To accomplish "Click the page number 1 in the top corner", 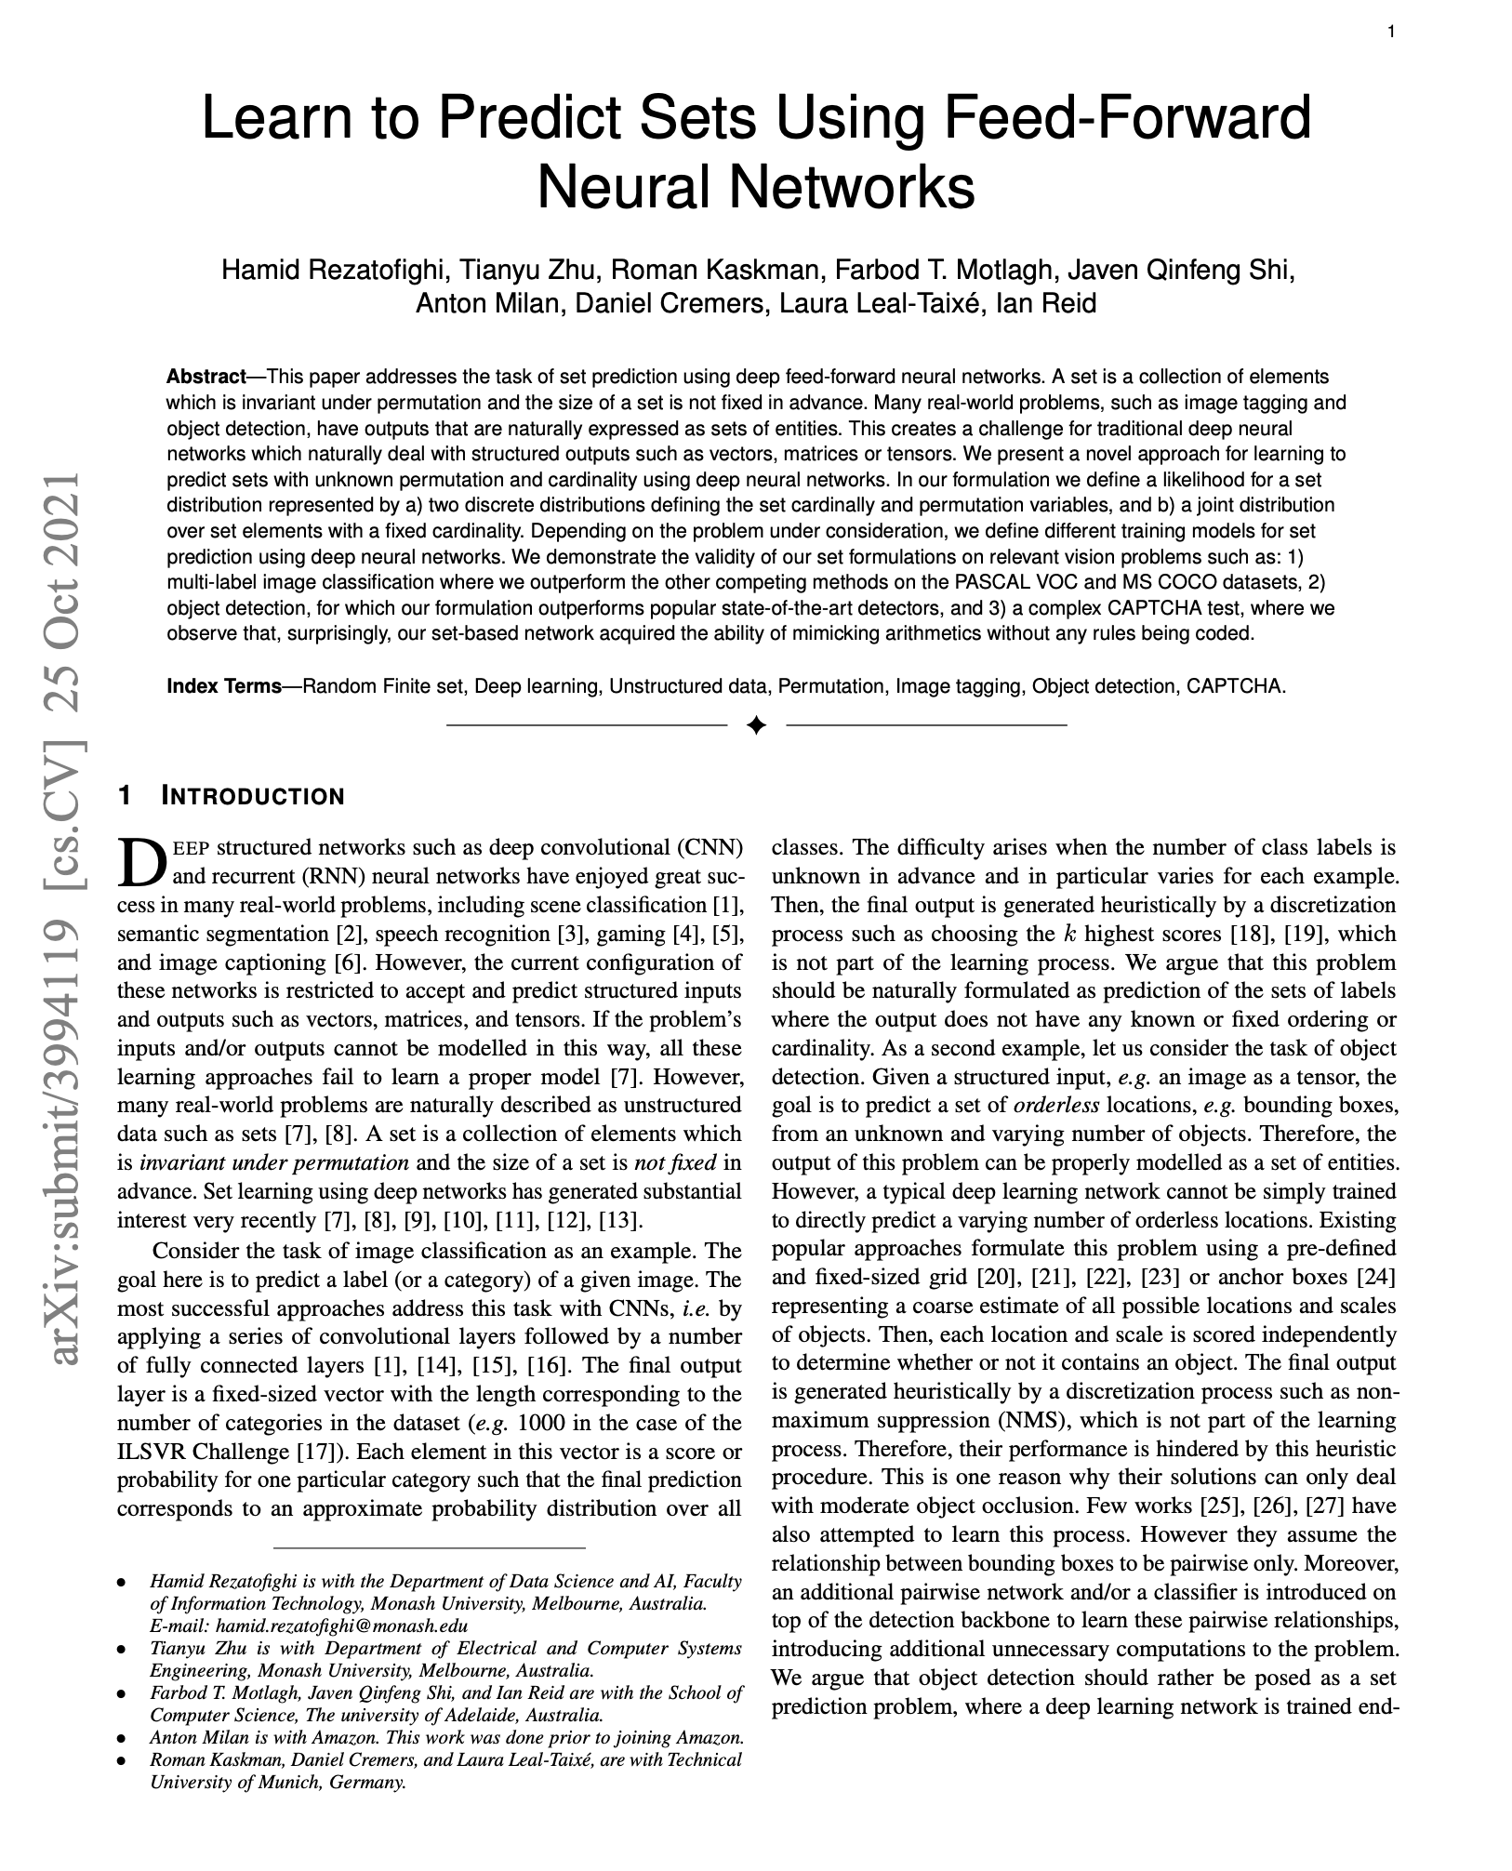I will point(1391,33).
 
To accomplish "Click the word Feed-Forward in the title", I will point(1127,118).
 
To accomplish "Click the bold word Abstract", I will point(206,377).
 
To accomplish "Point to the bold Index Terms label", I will point(223,686).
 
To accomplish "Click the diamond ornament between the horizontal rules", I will point(756,724).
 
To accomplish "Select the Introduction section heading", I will point(252,797).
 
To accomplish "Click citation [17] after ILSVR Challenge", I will point(311,1452).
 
